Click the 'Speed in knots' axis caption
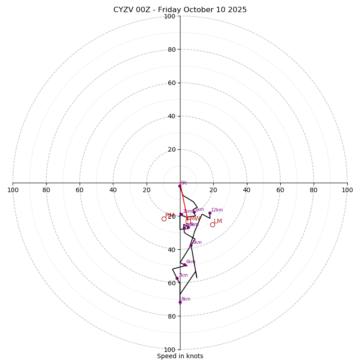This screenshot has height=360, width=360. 180,356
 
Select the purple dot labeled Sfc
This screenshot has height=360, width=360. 180,186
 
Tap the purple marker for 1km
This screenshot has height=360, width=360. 194,212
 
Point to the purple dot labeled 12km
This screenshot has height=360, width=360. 210,213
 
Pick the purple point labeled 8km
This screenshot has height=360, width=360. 180,302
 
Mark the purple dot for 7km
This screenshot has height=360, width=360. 177,278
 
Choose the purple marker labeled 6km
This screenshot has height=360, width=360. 184,265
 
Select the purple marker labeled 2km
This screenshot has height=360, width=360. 181,214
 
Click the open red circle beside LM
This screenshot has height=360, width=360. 212,225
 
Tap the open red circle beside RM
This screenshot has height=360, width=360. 164,219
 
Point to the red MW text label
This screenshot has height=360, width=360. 195,219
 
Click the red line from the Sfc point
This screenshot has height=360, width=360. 184,202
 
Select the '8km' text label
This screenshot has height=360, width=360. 185,299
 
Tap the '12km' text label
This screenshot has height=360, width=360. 217,210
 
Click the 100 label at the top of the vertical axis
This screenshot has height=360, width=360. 170,17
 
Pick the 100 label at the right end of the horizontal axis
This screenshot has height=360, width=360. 347,190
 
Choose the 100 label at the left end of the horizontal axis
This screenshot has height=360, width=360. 13,190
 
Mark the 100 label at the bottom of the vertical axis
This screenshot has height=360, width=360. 170,350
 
